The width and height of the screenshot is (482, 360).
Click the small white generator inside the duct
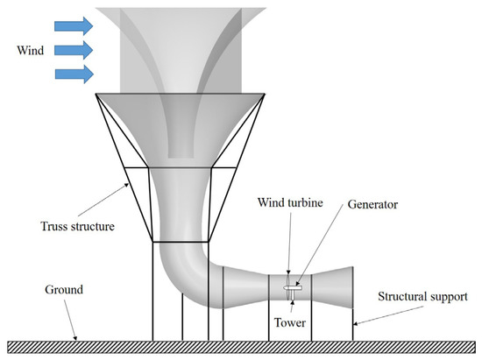(x=292, y=286)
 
